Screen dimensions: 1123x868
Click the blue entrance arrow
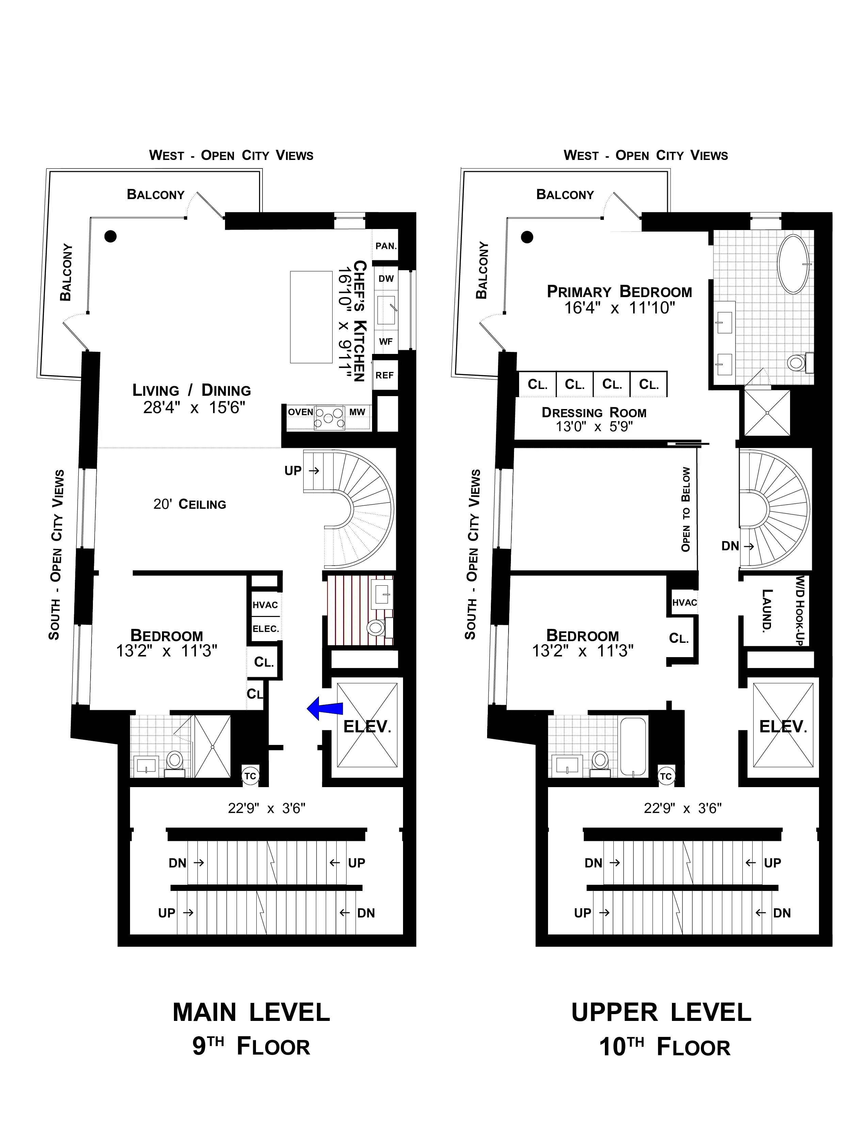click(325, 709)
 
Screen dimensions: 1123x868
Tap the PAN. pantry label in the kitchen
click(386, 246)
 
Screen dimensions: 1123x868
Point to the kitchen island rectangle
click(311, 317)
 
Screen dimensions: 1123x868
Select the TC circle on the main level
click(251, 776)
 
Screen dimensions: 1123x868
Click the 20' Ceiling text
click(190, 504)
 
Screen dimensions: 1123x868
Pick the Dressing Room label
click(594, 413)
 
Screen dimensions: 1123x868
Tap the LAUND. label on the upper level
click(767, 611)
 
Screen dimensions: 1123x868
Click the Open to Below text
click(686, 509)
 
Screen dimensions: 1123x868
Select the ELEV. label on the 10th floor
click(783, 727)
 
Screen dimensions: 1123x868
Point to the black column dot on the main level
click(111, 237)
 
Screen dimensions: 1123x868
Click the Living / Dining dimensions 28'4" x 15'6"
click(194, 408)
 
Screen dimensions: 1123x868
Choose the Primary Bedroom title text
click(619, 292)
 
